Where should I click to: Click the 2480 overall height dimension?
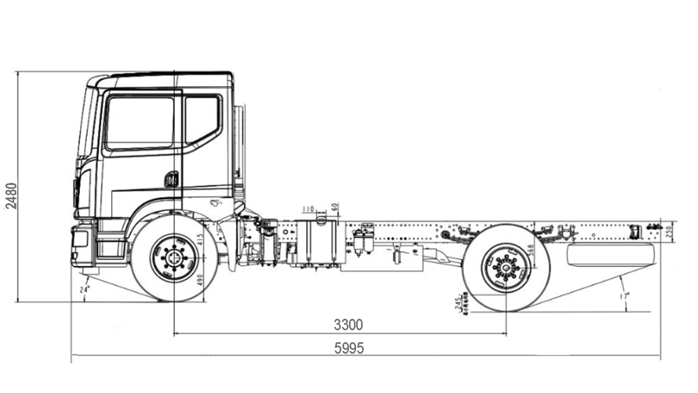pyautogui.click(x=11, y=195)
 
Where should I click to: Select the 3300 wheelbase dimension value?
pyautogui.click(x=348, y=325)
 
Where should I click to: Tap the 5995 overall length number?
pyautogui.click(x=349, y=348)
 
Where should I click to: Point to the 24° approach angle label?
pyautogui.click(x=84, y=290)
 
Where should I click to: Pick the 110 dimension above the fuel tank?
pyautogui.click(x=309, y=209)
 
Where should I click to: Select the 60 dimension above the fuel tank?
pyautogui.click(x=335, y=208)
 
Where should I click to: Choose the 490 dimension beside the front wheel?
pyautogui.click(x=200, y=279)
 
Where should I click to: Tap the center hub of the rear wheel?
pyautogui.click(x=506, y=269)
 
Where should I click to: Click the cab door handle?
pyautogui.click(x=171, y=179)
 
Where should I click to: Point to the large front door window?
pyautogui.click(x=141, y=122)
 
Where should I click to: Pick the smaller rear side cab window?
pyautogui.click(x=202, y=119)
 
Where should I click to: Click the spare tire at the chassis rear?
pyautogui.click(x=610, y=255)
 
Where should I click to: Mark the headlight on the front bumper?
pyautogui.click(x=80, y=239)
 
